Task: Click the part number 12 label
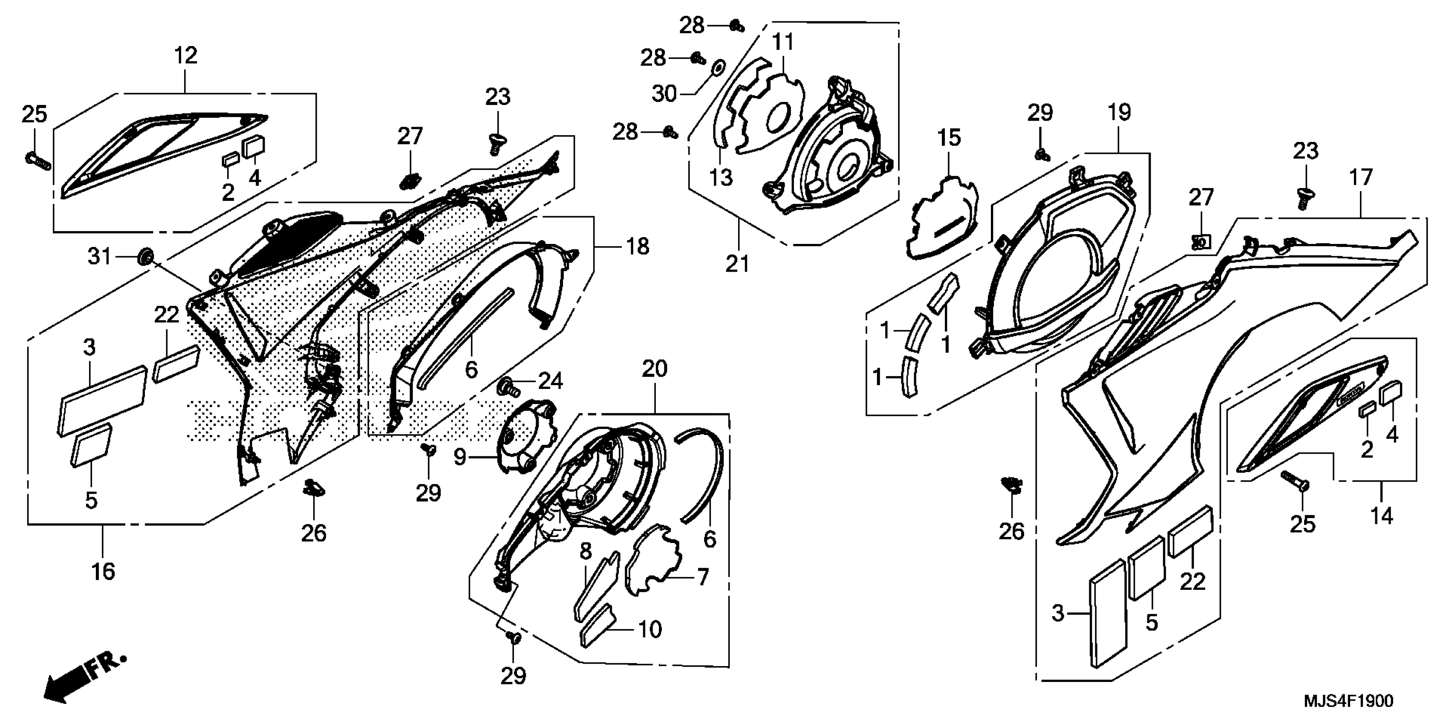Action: [x=186, y=56]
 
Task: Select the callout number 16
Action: [x=103, y=571]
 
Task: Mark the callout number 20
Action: [x=654, y=369]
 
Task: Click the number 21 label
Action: [x=737, y=264]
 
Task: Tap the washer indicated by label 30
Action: [x=718, y=67]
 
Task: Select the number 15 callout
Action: [x=950, y=138]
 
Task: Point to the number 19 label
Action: [x=1120, y=113]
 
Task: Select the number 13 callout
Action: [x=721, y=178]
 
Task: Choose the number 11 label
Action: [x=783, y=42]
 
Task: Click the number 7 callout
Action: [x=703, y=577]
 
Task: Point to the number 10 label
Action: [x=649, y=629]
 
